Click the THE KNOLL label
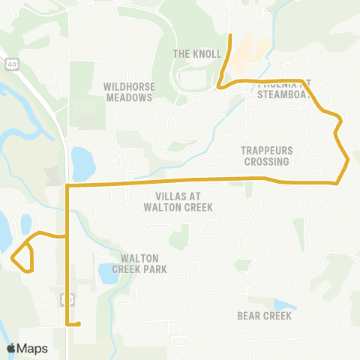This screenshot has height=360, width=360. pyautogui.click(x=197, y=54)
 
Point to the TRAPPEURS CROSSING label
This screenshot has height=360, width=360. pyautogui.click(x=265, y=155)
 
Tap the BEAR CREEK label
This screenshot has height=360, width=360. pyautogui.click(x=264, y=316)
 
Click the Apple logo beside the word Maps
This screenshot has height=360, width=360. pyautogui.click(x=11, y=348)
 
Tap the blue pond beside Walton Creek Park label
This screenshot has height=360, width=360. pyautogui.click(x=108, y=273)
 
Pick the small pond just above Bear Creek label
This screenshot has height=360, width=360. pyautogui.click(x=283, y=304)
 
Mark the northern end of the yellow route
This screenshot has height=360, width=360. pyautogui.click(x=229, y=35)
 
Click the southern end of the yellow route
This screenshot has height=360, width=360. pyautogui.click(x=78, y=325)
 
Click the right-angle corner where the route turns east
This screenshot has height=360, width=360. pyautogui.click(x=68, y=184)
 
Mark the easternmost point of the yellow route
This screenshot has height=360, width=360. pyautogui.click(x=349, y=160)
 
